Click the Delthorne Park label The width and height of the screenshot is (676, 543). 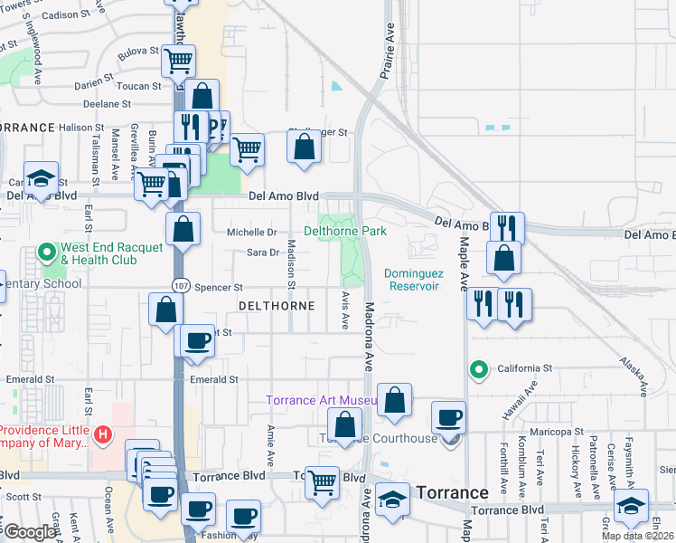352,232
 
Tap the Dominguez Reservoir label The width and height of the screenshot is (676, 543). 411,279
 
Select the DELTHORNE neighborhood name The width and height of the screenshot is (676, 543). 277,306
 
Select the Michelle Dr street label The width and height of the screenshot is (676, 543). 251,233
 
